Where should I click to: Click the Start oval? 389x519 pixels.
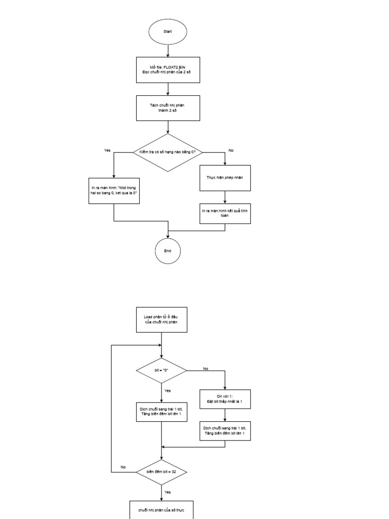click(168, 31)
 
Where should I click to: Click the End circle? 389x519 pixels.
click(168, 251)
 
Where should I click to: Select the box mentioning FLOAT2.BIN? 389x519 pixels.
click(168, 69)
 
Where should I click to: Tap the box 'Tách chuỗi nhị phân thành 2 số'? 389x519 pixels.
click(168, 108)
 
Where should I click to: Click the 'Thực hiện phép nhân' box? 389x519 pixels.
click(225, 178)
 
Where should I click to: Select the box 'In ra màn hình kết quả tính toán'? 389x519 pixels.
click(225, 213)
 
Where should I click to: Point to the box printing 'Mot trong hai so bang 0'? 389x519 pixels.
click(114, 191)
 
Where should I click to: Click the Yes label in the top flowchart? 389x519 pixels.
click(107, 151)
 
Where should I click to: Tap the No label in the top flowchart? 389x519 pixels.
click(231, 151)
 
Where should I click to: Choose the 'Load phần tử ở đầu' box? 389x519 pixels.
click(162, 319)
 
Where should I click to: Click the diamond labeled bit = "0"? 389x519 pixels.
click(162, 370)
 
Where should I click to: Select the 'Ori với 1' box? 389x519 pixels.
click(225, 399)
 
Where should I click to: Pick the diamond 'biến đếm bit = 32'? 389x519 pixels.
click(162, 472)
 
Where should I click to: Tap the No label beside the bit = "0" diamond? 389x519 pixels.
click(205, 368)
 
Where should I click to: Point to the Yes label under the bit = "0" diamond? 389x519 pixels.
click(168, 391)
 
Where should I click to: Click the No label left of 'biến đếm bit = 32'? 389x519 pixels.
click(123, 467)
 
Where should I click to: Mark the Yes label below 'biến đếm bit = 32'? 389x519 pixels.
click(168, 492)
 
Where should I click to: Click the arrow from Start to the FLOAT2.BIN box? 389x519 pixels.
click(168, 50)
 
